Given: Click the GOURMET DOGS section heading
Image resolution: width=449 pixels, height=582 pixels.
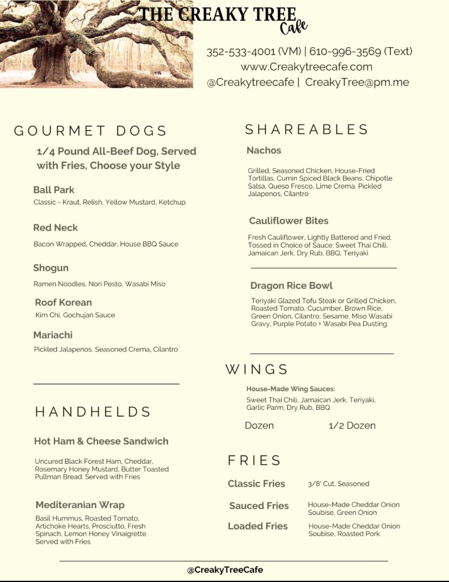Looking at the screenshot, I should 90,131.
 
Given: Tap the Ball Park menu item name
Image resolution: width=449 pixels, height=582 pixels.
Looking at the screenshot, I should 54,190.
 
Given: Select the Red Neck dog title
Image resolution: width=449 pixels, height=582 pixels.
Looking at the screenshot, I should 56,227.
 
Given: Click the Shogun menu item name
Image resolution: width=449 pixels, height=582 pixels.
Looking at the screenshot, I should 51,268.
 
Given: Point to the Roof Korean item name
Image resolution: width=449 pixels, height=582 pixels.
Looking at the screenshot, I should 63,302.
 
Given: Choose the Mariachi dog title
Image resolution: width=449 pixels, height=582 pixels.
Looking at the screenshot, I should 53,335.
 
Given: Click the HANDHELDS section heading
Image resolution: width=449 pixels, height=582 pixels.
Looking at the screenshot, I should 93,411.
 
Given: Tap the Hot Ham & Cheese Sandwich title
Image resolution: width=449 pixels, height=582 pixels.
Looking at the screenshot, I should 101,441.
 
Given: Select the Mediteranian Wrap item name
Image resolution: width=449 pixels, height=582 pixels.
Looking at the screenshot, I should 80,505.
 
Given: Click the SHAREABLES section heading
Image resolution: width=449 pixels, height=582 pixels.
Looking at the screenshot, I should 307,130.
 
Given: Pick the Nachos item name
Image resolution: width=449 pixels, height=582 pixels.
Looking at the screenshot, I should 264,150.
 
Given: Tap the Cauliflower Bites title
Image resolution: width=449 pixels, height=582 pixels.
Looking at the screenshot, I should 288,221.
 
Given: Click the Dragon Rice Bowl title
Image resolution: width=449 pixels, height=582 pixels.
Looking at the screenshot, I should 291,285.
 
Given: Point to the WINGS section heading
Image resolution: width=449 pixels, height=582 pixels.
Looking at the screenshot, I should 257,369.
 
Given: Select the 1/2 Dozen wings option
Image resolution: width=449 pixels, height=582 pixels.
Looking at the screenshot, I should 352,425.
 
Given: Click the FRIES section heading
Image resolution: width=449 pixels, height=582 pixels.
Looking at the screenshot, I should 254,460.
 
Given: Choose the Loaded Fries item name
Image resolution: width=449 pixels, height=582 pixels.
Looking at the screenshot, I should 258,526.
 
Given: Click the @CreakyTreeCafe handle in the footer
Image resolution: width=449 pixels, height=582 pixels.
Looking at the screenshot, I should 225,569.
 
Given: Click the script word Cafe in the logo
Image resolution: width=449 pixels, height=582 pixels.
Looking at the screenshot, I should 293,27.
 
